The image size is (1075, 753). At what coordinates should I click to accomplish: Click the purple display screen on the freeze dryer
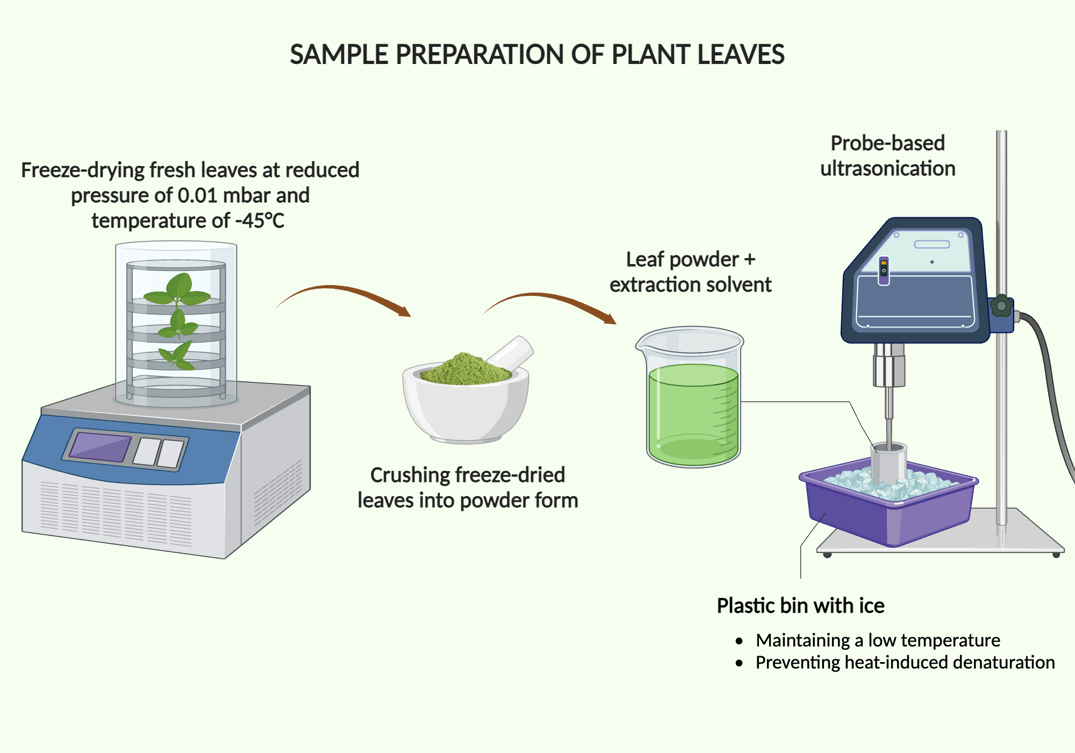click(x=100, y=447)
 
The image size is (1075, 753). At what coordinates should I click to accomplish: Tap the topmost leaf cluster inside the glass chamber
click(x=177, y=290)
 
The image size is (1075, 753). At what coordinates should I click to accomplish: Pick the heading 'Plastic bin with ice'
click(x=800, y=606)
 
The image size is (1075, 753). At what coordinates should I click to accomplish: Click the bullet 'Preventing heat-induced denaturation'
click(x=905, y=663)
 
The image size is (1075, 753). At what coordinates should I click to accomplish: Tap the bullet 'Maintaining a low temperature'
click(x=877, y=641)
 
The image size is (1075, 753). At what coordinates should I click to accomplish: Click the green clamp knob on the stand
click(x=1001, y=307)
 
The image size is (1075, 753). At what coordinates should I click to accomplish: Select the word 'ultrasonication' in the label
click(x=887, y=169)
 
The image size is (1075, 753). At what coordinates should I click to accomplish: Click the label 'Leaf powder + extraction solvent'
click(x=690, y=272)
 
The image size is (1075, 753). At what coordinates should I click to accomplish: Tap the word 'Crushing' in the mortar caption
click(x=410, y=475)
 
